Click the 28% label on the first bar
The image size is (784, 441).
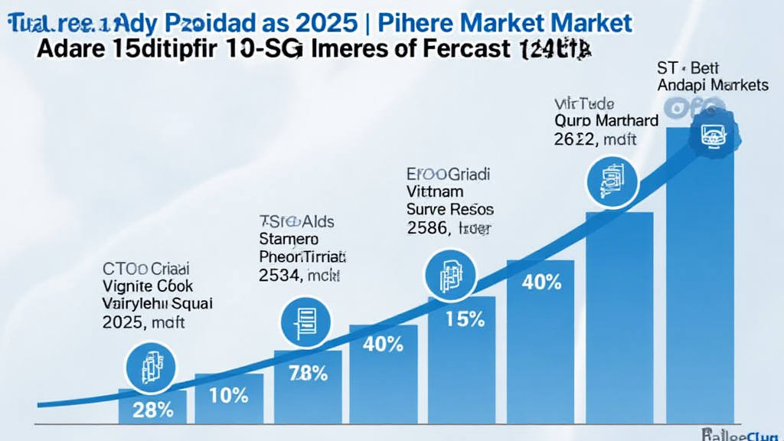point(153,410)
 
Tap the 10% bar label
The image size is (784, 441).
point(229,396)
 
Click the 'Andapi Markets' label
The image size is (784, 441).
point(712,86)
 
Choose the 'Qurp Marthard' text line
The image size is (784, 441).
point(606,121)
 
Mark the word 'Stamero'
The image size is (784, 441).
point(289,239)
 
